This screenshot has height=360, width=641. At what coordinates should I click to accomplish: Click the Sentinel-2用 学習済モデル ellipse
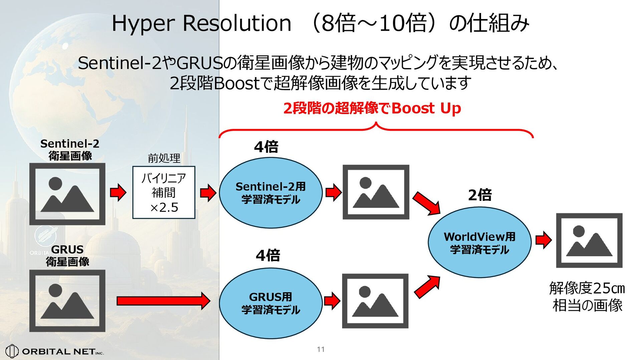click(x=270, y=193)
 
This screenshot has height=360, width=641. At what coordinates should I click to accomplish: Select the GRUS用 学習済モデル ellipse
click(x=270, y=303)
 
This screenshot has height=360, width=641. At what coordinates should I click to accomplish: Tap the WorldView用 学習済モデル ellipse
click(x=479, y=243)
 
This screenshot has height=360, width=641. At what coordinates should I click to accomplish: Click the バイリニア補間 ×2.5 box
click(x=164, y=193)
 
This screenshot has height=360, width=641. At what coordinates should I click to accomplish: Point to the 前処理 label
click(x=164, y=158)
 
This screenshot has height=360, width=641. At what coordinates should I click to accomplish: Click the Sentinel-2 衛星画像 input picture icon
click(x=67, y=194)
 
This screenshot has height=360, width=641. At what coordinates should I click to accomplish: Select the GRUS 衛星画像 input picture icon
click(x=67, y=301)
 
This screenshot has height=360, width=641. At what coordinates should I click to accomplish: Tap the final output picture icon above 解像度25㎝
click(x=589, y=240)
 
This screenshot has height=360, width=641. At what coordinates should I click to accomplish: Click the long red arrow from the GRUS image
click(x=163, y=301)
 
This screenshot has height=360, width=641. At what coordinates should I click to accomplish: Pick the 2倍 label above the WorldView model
click(x=480, y=195)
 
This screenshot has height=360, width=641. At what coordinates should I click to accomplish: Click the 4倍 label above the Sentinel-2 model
click(x=266, y=147)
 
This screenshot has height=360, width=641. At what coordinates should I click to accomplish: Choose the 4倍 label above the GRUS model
click(x=268, y=256)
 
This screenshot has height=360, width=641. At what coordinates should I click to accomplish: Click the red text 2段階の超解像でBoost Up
click(x=372, y=108)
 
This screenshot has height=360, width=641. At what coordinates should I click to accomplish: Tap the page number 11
click(x=321, y=349)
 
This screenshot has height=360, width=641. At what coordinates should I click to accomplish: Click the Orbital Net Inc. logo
click(x=55, y=351)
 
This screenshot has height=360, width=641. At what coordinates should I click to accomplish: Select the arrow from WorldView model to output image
click(x=543, y=240)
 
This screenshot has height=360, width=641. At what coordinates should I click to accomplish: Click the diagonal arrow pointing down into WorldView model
click(x=426, y=203)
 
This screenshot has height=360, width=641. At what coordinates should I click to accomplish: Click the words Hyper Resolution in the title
click(x=201, y=23)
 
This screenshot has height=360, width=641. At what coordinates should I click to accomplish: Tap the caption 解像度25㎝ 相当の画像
click(x=587, y=297)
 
